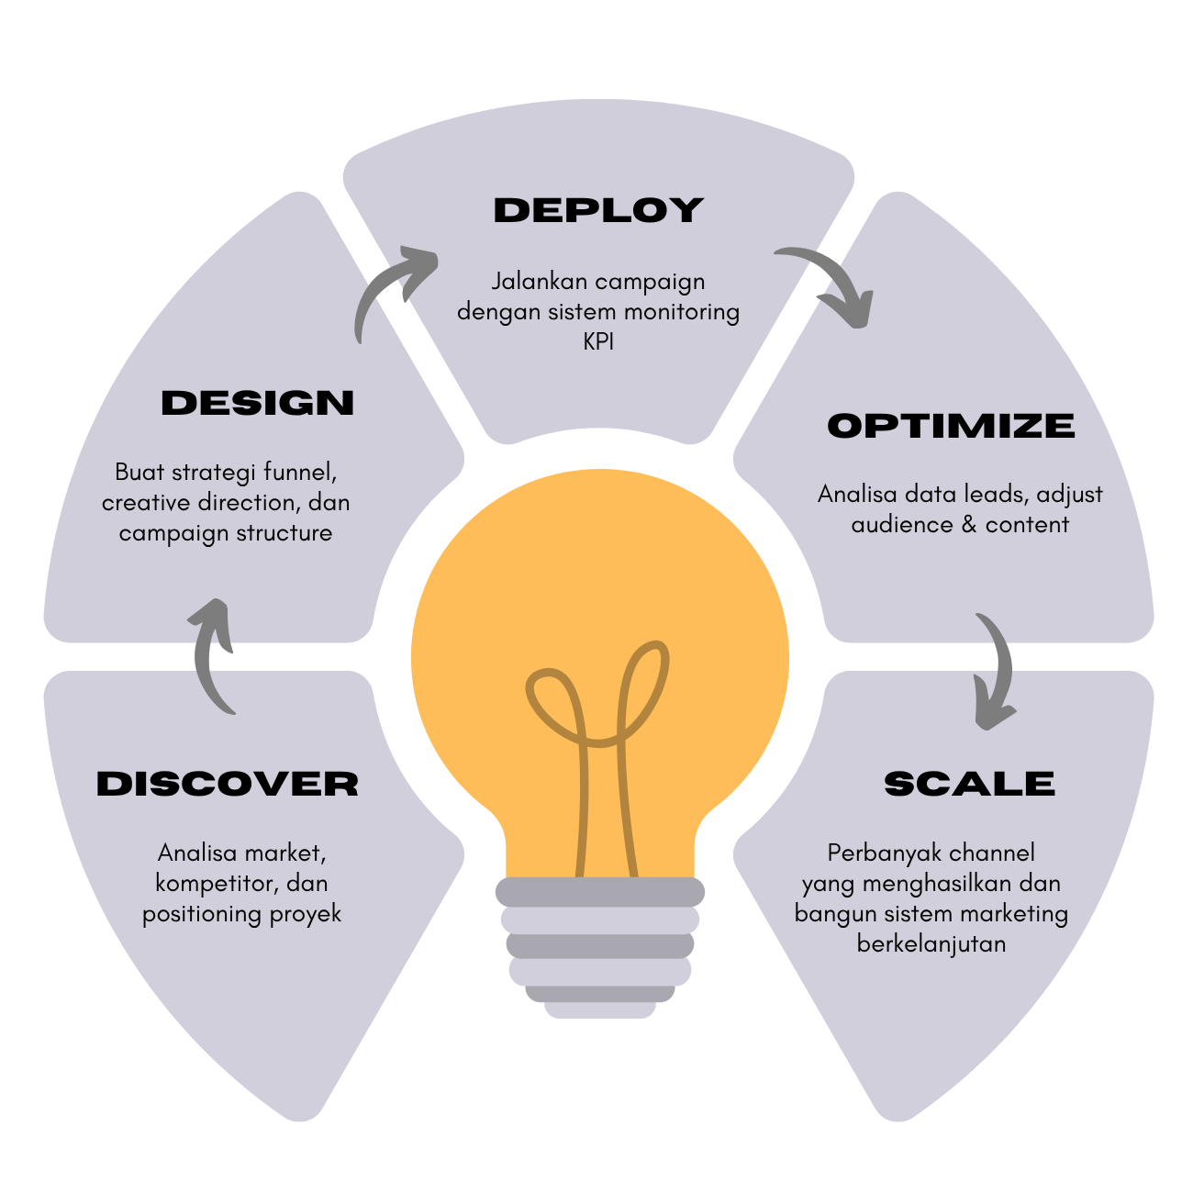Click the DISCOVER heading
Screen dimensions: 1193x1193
click(x=227, y=784)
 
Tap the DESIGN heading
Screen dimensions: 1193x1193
click(x=257, y=403)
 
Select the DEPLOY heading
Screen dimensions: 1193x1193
click(x=598, y=210)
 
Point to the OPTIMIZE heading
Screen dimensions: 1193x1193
click(x=951, y=426)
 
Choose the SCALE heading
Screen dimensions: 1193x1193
click(x=969, y=784)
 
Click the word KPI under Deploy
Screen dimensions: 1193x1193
click(x=598, y=341)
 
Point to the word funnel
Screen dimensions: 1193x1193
click(x=300, y=473)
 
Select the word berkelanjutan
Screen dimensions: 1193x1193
click(x=931, y=943)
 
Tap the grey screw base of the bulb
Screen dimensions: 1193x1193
click(x=600, y=945)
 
